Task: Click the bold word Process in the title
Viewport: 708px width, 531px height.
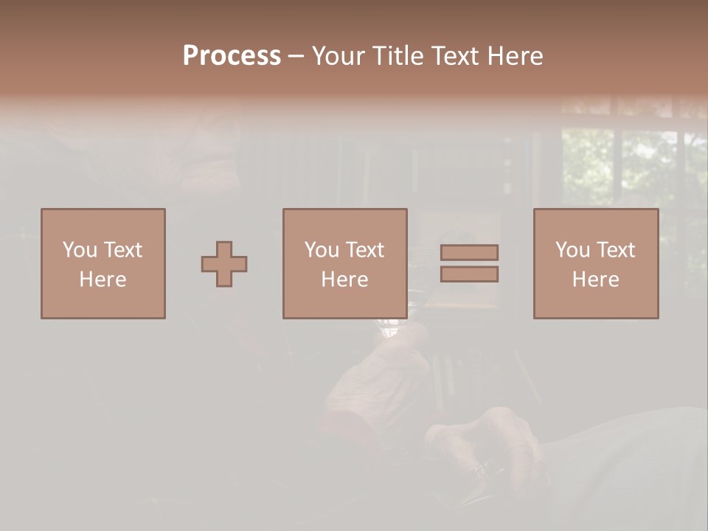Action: click(x=232, y=56)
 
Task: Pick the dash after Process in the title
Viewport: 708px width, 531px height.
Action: click(x=296, y=57)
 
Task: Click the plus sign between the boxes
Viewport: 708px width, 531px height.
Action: click(x=224, y=264)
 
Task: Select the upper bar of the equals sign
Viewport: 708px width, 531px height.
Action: click(x=469, y=252)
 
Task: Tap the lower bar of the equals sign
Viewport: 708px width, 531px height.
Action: click(x=469, y=274)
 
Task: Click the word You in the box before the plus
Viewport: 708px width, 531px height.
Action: click(x=80, y=250)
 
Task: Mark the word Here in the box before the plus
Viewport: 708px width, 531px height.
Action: click(x=103, y=280)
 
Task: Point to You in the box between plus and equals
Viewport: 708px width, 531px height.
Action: click(x=322, y=250)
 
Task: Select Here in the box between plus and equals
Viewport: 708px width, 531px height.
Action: click(x=344, y=280)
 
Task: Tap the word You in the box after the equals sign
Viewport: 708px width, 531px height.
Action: click(x=572, y=250)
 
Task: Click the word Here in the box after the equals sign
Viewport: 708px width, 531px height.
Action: click(x=595, y=280)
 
